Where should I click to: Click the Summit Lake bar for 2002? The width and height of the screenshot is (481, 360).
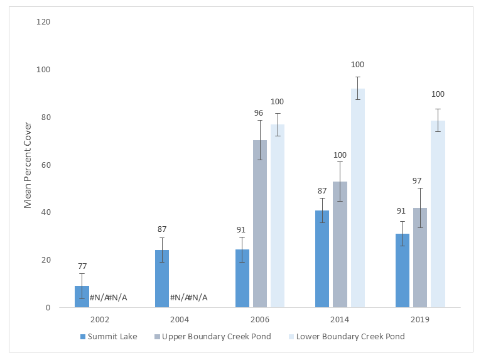(82, 297)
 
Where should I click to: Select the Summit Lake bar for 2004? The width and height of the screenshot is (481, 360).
(162, 278)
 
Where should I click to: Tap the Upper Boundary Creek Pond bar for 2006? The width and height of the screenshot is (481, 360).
(260, 224)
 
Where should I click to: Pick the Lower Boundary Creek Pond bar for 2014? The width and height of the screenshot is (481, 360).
(358, 198)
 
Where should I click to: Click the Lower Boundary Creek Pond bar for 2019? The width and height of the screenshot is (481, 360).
(438, 214)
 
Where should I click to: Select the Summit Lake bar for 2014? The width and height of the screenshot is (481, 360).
(322, 259)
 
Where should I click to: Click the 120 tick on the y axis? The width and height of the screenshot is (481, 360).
(44, 22)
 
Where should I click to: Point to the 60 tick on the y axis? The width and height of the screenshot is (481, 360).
(46, 165)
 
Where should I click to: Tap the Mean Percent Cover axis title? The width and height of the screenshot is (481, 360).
(28, 165)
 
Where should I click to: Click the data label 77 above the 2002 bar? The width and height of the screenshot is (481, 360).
(82, 266)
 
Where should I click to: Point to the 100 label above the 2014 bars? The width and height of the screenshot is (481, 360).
(358, 65)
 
